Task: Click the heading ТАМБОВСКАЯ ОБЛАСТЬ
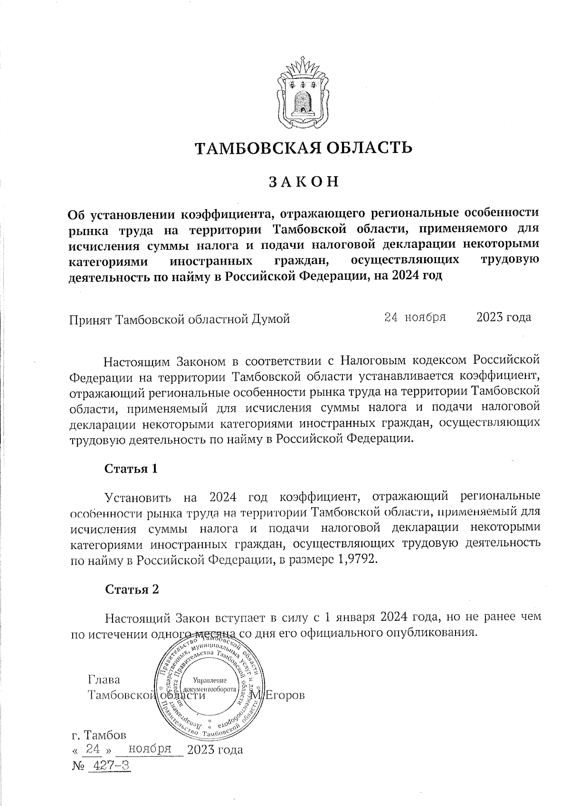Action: coord(304,148)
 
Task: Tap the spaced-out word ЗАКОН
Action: coord(304,182)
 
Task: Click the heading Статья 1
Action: coord(131,469)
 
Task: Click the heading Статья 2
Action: coord(132,589)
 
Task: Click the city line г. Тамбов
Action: coord(98,735)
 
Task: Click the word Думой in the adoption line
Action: coord(269,319)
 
